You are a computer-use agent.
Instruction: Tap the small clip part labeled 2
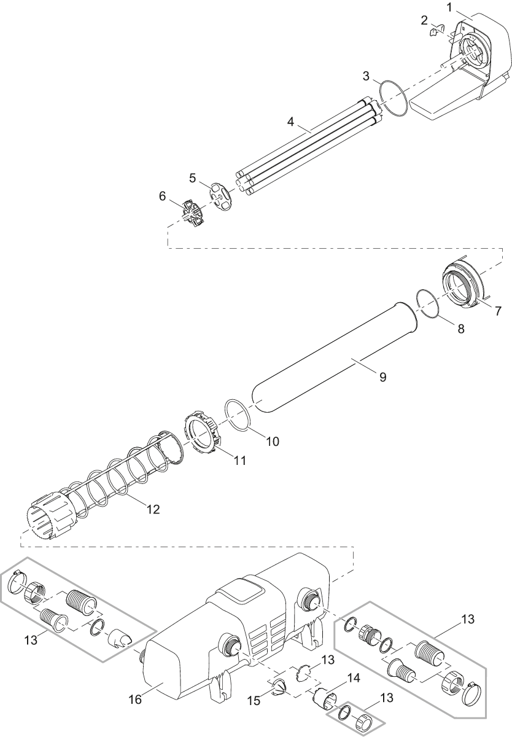[x=438, y=29]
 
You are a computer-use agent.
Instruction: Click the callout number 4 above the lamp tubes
[x=291, y=120]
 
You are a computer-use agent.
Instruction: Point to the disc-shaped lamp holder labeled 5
[x=221, y=195]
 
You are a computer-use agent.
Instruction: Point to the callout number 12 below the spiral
[x=152, y=509]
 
